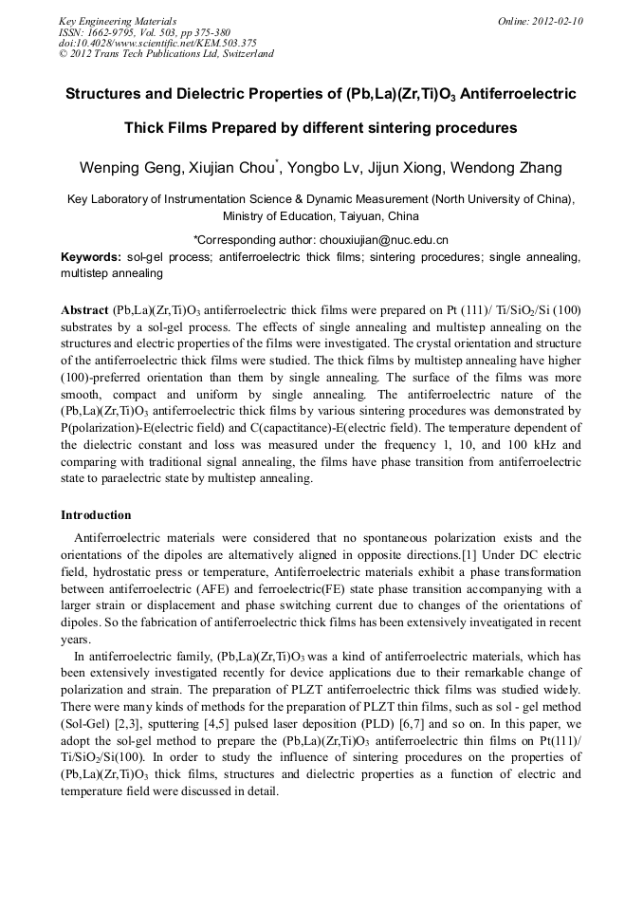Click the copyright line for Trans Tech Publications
166,54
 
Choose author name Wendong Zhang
515,169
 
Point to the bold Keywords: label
91,258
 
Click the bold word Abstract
84,310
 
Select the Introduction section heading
96,515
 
